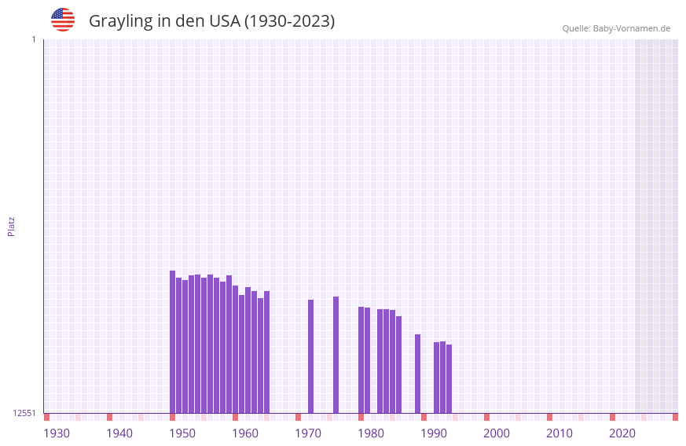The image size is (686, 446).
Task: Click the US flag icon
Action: (x=63, y=20)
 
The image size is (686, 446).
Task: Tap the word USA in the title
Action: (x=224, y=21)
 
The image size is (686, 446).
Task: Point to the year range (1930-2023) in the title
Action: (x=289, y=21)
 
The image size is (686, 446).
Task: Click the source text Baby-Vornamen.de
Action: (x=631, y=28)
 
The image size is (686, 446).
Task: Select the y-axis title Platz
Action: (x=11, y=227)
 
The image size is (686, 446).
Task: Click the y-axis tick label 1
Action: (x=33, y=39)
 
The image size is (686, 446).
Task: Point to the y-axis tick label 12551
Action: (x=24, y=413)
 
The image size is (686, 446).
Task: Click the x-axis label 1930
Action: (x=57, y=433)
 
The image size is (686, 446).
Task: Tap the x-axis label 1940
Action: (x=119, y=433)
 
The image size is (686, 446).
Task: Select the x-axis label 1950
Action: (x=182, y=433)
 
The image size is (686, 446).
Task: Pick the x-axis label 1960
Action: (x=245, y=433)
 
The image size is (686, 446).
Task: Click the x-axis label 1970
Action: (x=308, y=433)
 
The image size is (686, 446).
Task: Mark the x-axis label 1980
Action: (x=371, y=433)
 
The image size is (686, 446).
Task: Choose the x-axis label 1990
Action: (x=434, y=433)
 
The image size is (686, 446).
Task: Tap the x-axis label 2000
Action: (x=497, y=433)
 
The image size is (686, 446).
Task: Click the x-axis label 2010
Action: (x=559, y=433)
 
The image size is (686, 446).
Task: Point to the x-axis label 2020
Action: (x=622, y=433)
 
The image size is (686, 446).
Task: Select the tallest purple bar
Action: (x=173, y=342)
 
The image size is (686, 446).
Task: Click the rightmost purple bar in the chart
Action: (x=449, y=379)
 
